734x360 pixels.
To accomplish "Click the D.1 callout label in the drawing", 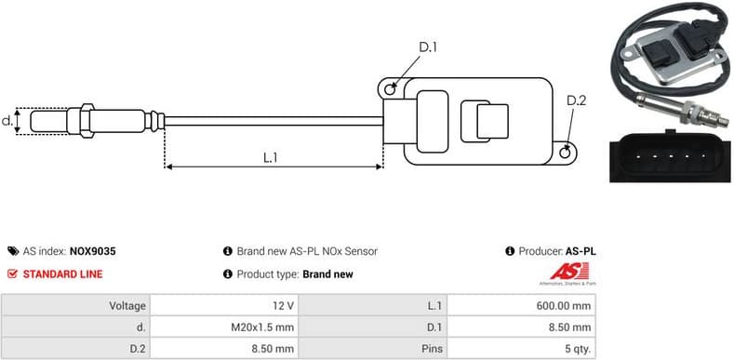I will (x=428, y=47).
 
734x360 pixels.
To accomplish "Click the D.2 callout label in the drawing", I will (x=576, y=100).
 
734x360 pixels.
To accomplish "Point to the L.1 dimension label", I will (x=271, y=157).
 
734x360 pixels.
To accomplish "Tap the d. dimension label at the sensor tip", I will (x=7, y=120).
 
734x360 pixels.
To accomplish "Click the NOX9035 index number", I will (x=93, y=251).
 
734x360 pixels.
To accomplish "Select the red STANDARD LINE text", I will (x=62, y=274).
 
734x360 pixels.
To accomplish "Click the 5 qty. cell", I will (x=576, y=350).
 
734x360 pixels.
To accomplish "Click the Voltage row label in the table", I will (x=127, y=305).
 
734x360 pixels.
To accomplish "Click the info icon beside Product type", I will (x=227, y=274).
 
